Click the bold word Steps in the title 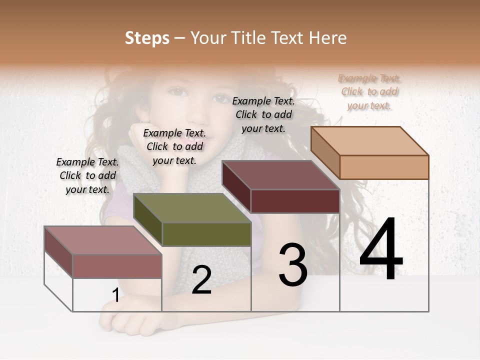point(146,38)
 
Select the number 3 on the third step point(293,265)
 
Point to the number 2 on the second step point(201,280)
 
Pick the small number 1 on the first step point(115,295)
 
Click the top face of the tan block point(369,141)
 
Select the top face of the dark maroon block point(280,175)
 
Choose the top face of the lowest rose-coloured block point(102,240)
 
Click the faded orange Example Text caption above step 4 point(369,91)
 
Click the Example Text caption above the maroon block point(263,114)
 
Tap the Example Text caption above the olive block point(174,146)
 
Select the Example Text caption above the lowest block point(87,175)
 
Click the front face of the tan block point(384,167)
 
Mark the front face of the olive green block point(206,234)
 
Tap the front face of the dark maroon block point(295,201)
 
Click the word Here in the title point(328,38)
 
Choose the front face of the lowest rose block point(117,266)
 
